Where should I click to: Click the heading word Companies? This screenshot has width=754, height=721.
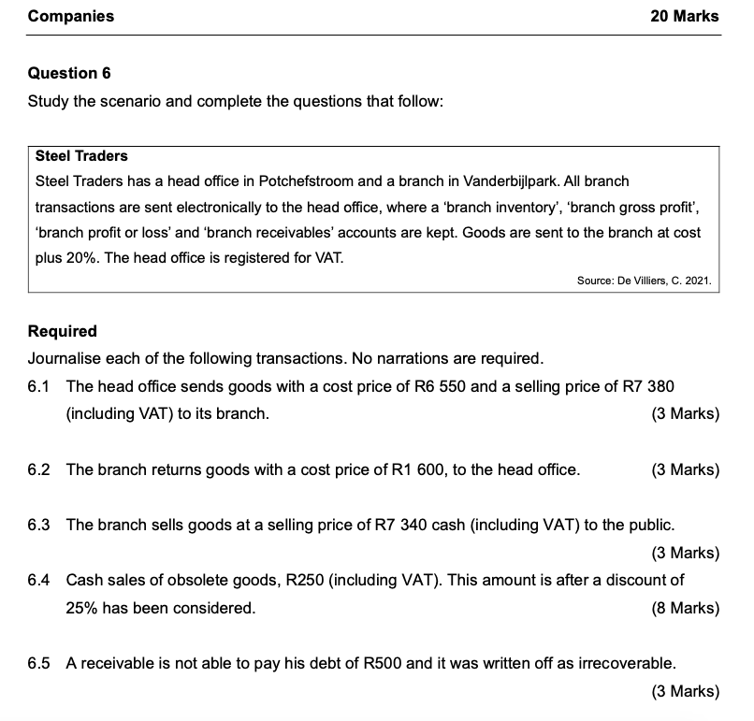pos(71,16)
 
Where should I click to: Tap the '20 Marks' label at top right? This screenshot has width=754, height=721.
pos(685,16)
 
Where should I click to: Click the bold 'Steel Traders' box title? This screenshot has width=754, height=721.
pos(81,155)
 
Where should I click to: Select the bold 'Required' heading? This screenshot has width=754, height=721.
pos(63,331)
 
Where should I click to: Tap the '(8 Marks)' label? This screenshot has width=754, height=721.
pos(685,608)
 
